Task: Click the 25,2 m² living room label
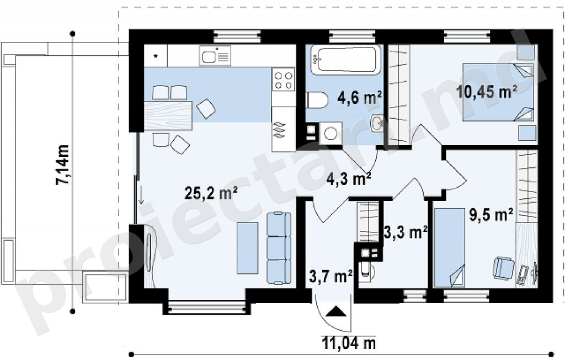tap(211, 193)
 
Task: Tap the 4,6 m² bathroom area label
tap(360, 97)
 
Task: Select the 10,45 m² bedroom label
tap(487, 91)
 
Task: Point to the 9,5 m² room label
tap(491, 215)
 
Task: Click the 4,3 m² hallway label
tap(349, 178)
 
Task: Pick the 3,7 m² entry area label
tap(331, 277)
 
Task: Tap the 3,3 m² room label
tap(406, 232)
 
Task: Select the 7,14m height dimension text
tap(62, 165)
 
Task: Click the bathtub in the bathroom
tap(345, 60)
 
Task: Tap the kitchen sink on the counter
tap(215, 56)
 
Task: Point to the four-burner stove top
tap(283, 80)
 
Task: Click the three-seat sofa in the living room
tap(279, 248)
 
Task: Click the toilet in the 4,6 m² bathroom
tap(317, 100)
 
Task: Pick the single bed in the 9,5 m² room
tap(449, 247)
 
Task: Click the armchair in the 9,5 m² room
tap(503, 267)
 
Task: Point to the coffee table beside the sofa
tap(247, 248)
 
